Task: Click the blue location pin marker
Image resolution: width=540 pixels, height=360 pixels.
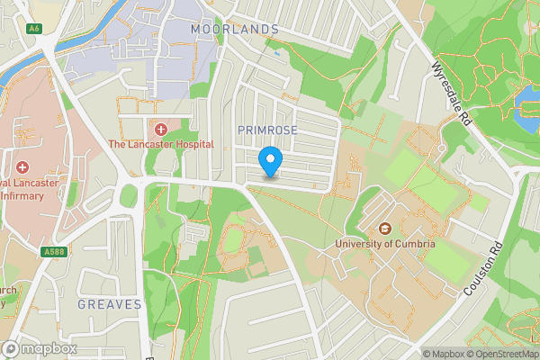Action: (270, 162)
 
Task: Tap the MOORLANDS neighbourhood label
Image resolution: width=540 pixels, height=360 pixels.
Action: (235, 30)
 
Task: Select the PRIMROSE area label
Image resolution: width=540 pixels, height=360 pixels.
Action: (267, 130)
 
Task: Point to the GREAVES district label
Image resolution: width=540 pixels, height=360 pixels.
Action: (110, 304)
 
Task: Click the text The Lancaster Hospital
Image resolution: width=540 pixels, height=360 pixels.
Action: (161, 144)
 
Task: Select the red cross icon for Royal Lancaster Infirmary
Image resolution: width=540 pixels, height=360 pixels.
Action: (21, 167)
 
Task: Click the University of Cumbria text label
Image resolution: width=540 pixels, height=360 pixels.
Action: (384, 243)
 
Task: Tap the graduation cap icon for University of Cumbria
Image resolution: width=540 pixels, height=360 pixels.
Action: (384, 228)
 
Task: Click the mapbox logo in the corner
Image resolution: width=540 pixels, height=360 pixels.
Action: (40, 348)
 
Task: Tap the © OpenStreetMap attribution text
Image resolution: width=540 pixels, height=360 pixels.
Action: (500, 353)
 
